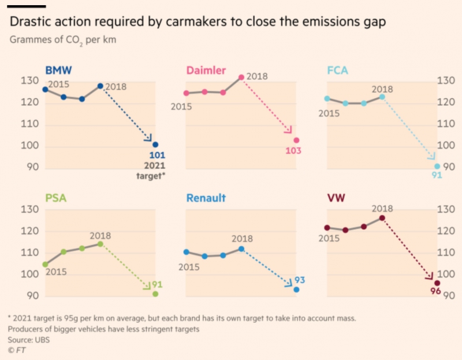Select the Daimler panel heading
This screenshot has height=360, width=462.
206,70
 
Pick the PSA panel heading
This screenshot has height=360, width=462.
56,198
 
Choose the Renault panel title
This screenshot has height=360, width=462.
206,198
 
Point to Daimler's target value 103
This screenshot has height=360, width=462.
293,151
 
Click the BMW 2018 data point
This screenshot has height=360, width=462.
100,86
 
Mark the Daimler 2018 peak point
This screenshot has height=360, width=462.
241,77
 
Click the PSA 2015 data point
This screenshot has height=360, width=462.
46,264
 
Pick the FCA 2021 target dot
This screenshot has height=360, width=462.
437,166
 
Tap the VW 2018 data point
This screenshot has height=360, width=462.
382,218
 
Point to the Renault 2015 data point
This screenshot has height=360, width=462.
186,252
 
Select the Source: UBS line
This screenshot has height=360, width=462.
28,340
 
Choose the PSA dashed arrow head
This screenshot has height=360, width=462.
148,285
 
